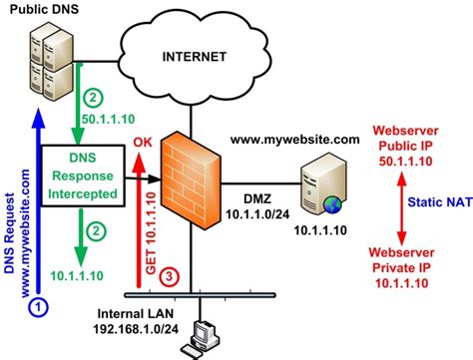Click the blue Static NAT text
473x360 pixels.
coord(438,202)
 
